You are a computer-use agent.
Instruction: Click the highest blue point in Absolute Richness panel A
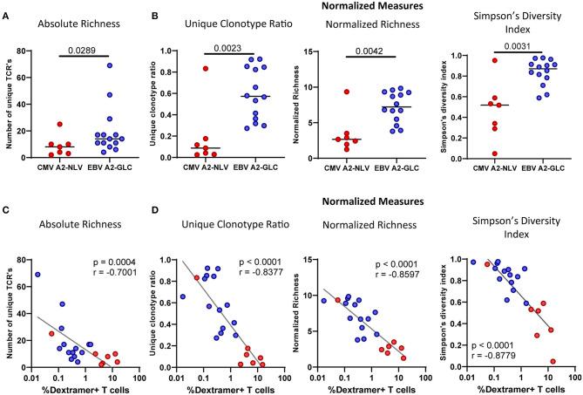point(109,65)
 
